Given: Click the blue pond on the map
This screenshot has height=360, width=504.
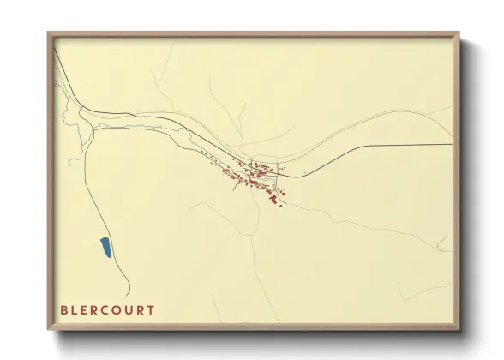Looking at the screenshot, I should [105, 249].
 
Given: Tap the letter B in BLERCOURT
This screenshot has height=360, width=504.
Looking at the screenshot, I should [64, 310].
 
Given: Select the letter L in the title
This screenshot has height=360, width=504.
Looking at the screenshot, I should [75, 310].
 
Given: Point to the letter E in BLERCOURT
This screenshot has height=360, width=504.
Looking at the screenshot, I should [85, 310].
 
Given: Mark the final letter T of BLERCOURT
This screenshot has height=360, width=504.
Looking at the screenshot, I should [151, 310].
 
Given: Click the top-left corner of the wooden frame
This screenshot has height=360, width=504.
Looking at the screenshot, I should [48, 33].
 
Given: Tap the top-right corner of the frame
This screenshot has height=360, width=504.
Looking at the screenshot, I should [459, 33].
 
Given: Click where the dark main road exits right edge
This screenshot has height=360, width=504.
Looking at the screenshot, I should [452, 145].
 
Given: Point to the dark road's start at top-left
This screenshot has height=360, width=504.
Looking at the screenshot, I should [53, 47].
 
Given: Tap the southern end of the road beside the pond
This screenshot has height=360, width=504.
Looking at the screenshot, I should [131, 294].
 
